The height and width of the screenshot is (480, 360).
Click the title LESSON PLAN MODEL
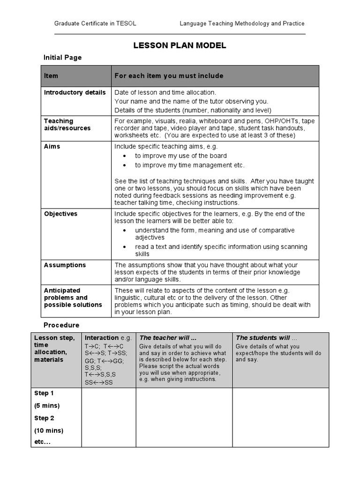(180, 45)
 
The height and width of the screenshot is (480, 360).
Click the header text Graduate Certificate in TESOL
(95, 23)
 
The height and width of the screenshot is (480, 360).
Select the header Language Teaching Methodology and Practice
(242, 23)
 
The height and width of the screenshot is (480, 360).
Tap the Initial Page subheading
(62, 58)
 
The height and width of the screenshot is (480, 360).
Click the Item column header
(51, 76)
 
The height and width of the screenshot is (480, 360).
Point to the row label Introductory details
(75, 92)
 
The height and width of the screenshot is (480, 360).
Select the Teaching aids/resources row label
(67, 125)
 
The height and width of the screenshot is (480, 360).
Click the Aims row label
(52, 146)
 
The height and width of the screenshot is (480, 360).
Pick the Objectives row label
(60, 214)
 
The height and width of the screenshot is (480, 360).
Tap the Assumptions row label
(65, 265)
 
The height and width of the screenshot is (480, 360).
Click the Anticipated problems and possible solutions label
(73, 298)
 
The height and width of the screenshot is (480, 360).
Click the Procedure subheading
(61, 325)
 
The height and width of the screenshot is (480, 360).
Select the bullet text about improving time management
(190, 165)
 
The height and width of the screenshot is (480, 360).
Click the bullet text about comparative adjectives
(215, 234)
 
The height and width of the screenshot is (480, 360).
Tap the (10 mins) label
(48, 430)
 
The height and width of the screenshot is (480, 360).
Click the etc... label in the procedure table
(42, 442)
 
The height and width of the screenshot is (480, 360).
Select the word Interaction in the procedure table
(101, 337)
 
